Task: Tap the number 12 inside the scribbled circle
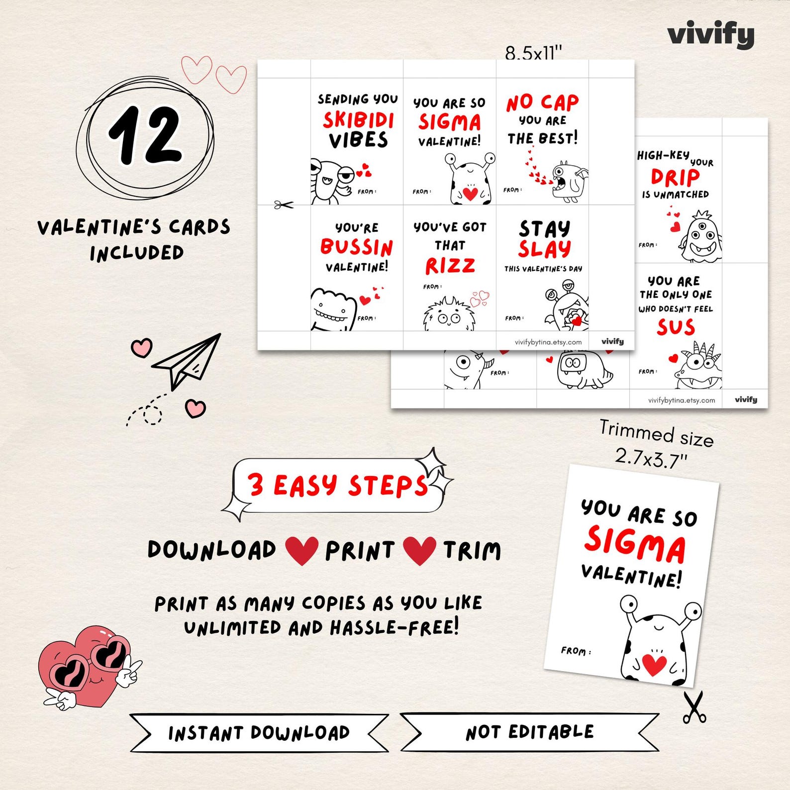[145, 135]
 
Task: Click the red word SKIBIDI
[358, 120]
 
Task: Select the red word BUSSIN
[356, 247]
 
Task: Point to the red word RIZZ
[450, 266]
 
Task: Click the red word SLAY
[544, 249]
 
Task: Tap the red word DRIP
[675, 177]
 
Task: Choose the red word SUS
[676, 327]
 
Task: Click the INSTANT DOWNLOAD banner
[259, 733]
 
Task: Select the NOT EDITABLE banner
[530, 732]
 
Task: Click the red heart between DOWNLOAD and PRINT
[301, 550]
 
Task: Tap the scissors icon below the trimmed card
[693, 707]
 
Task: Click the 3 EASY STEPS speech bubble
[338, 486]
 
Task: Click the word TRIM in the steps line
[472, 551]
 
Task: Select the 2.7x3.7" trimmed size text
[650, 457]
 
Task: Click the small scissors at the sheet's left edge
[284, 204]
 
